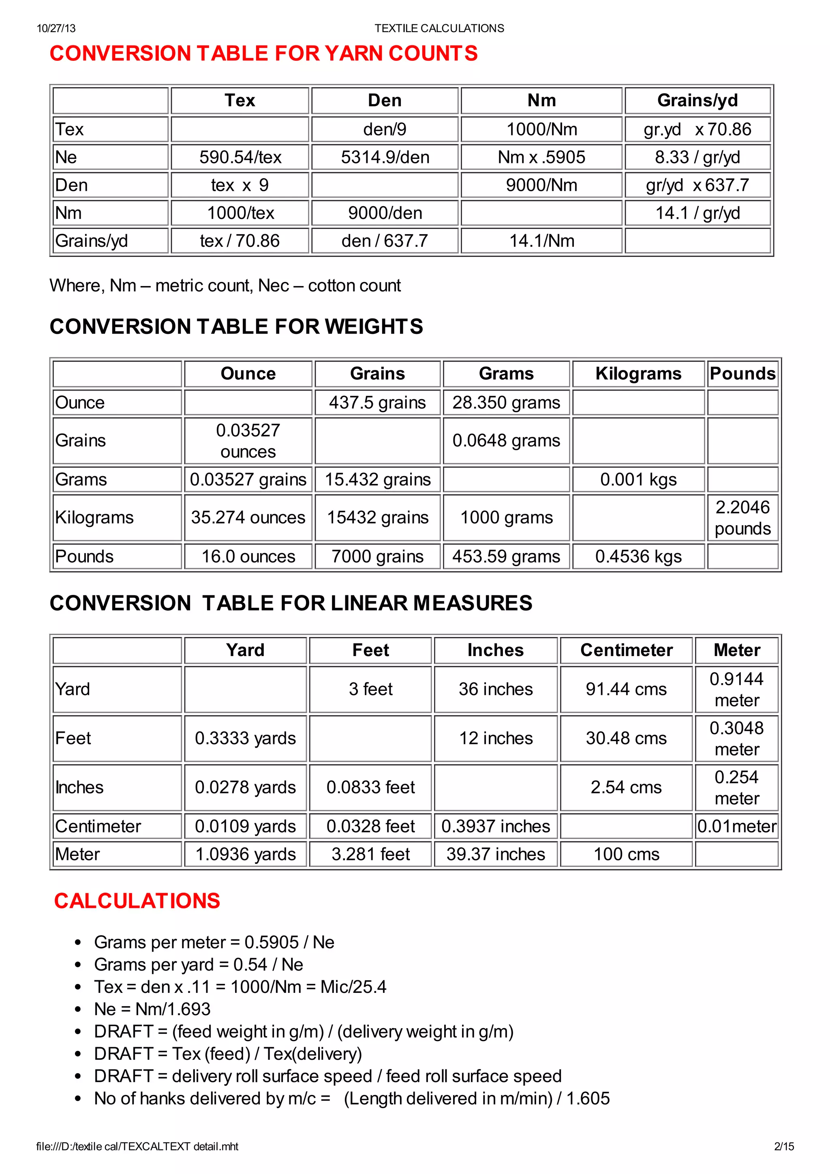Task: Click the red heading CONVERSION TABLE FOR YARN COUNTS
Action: click(x=263, y=53)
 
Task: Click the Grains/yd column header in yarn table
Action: click(x=697, y=100)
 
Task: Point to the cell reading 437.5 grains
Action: click(x=377, y=402)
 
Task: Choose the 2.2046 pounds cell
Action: click(x=742, y=518)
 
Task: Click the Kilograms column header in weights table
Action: click(x=638, y=374)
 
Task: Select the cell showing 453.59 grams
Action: click(x=506, y=556)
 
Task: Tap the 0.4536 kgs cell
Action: click(x=638, y=556)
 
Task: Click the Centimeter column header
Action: click(x=627, y=650)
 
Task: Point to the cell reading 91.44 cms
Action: click(x=627, y=689)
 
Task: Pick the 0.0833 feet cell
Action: click(x=371, y=787)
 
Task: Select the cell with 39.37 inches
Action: click(x=496, y=854)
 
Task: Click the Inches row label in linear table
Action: click(x=80, y=787)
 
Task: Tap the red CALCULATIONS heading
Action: click(x=137, y=901)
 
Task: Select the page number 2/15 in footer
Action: click(x=784, y=1146)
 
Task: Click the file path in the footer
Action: click(x=137, y=1146)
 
